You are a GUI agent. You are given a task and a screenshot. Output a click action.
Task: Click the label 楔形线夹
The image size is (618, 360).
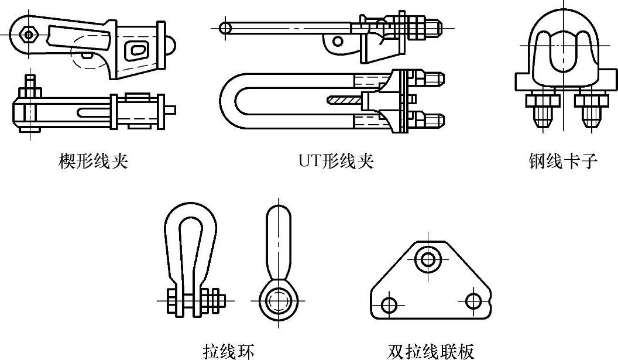point(93,161)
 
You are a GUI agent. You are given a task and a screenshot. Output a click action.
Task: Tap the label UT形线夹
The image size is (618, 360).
point(335,161)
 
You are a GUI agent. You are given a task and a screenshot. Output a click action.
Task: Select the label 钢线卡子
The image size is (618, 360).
point(562,161)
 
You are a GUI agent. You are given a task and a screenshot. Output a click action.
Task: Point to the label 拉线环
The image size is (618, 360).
point(228,351)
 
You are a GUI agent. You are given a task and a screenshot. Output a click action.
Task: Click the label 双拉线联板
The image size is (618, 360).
point(430,351)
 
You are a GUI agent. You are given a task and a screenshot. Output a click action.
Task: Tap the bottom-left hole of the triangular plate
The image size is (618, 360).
point(388,304)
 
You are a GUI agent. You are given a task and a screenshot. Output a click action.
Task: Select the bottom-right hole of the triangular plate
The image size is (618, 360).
point(473,301)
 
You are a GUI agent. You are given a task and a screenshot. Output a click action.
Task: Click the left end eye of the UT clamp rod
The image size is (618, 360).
point(225,27)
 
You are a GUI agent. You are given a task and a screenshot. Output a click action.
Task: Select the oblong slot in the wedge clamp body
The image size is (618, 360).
point(138,50)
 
